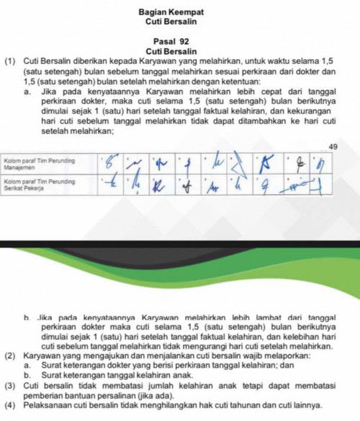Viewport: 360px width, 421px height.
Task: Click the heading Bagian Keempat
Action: pos(171,13)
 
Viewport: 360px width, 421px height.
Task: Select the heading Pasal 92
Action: pos(171,42)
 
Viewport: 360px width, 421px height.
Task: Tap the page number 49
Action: pos(332,147)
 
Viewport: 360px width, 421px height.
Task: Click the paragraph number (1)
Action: pos(11,62)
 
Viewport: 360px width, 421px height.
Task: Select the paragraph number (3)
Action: pos(11,384)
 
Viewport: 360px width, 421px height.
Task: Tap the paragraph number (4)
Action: pos(11,404)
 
